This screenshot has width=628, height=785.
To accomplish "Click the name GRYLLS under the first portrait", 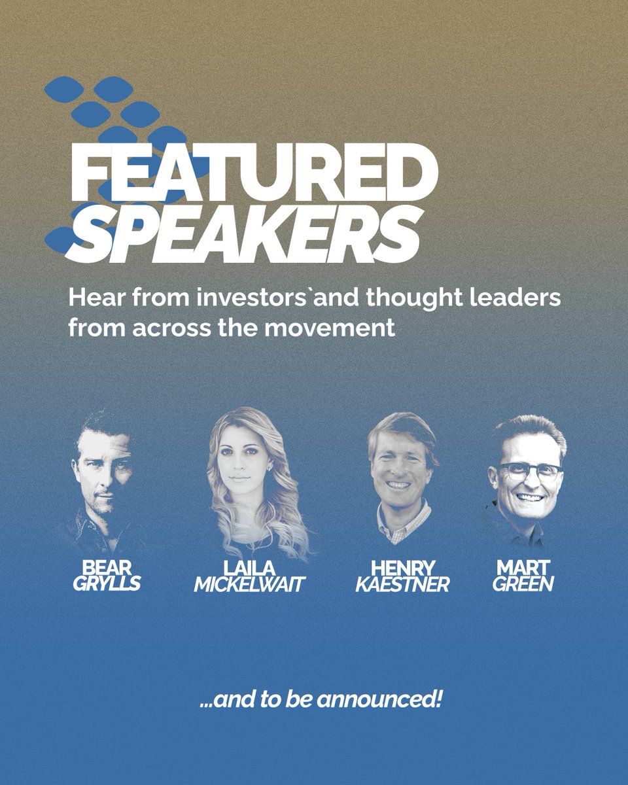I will (x=106, y=584).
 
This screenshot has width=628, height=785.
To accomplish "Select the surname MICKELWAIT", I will (x=249, y=584).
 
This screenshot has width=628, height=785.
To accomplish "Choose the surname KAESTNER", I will (x=402, y=584).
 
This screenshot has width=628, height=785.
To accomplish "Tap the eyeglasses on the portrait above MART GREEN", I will (x=529, y=471).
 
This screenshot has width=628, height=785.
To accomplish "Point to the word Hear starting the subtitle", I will (x=94, y=298).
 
